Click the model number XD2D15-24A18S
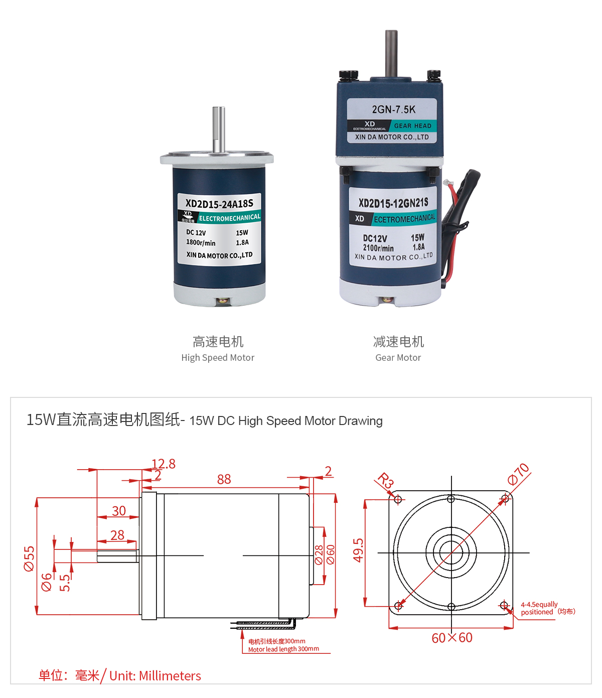tap(219, 203)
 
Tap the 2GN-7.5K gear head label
tap(393, 109)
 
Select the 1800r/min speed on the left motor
tap(201, 243)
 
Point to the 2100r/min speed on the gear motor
tap(378, 248)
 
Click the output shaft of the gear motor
tap(391, 53)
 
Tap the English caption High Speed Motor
tap(218, 358)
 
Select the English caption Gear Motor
tap(398, 358)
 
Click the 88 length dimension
tap(224, 480)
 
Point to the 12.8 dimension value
tap(164, 464)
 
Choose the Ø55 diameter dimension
tap(30, 559)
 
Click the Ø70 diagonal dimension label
tap(518, 474)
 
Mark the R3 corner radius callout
tap(385, 480)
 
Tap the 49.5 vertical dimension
tap(358, 550)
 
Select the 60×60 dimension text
tap(452, 638)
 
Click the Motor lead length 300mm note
tap(283, 649)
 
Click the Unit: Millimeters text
tap(155, 676)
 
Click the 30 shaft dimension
tap(119, 511)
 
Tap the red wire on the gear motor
tap(454, 193)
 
